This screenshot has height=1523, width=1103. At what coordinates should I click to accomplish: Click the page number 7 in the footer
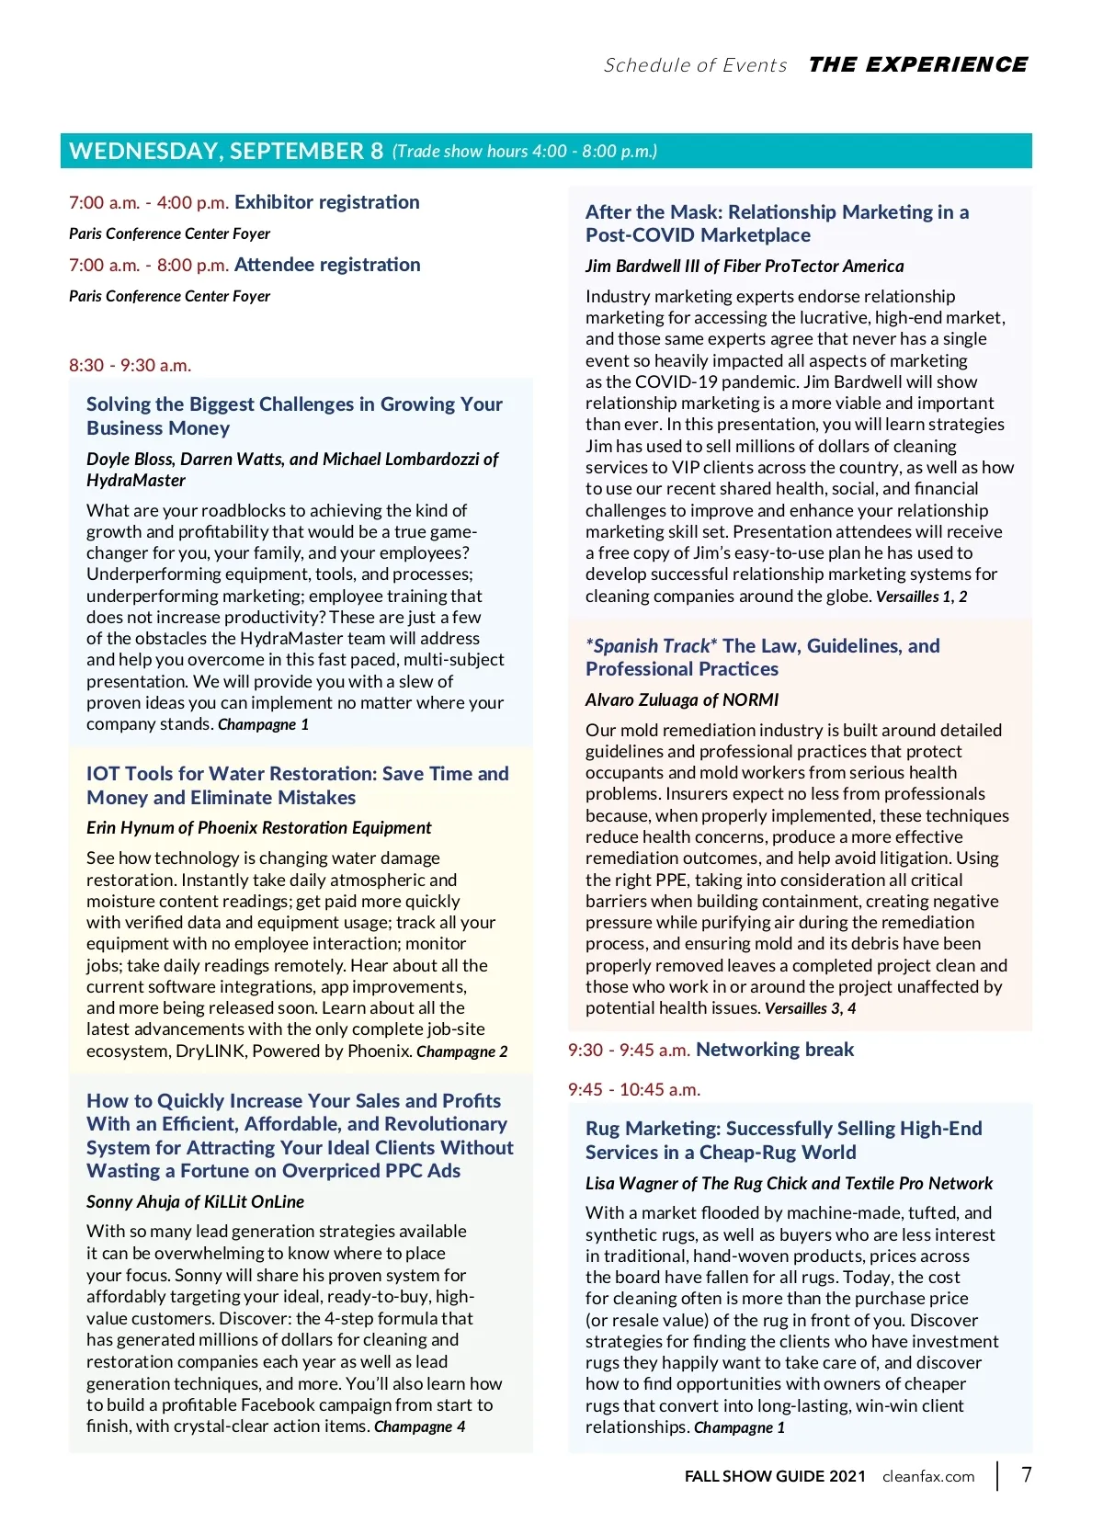coord(1027,1474)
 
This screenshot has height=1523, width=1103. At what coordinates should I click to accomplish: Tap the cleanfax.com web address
coord(928,1476)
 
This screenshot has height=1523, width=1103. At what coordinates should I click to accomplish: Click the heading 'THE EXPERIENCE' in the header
coord(917,64)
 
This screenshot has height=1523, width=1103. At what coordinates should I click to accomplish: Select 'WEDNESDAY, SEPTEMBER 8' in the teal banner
coord(226,151)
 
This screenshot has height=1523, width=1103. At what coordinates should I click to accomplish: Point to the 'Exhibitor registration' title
coord(327,202)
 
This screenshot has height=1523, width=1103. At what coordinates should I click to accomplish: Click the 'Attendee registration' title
coord(327,265)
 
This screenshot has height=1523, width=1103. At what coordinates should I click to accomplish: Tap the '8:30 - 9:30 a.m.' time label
coord(131,365)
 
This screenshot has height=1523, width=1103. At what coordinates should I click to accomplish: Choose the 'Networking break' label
coord(775,1050)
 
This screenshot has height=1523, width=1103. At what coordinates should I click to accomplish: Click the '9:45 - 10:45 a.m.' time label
coord(634,1089)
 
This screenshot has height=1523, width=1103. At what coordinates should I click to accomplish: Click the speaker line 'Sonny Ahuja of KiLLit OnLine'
coord(195,1201)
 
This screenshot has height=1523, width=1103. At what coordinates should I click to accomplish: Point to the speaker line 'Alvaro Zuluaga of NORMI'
coord(682,699)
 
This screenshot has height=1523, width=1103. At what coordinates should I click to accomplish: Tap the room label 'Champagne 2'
coord(461,1051)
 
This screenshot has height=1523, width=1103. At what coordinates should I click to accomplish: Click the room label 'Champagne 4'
coord(419,1426)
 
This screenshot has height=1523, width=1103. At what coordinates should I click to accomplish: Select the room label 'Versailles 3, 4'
coord(810,1008)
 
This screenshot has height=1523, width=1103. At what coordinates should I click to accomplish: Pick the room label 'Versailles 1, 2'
coord(921,597)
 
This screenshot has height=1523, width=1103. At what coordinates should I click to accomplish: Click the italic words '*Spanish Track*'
coord(652,646)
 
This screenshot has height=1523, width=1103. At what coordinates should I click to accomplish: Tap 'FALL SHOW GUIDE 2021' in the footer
coord(775,1476)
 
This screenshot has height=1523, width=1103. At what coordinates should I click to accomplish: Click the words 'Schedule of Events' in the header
coord(695,65)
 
